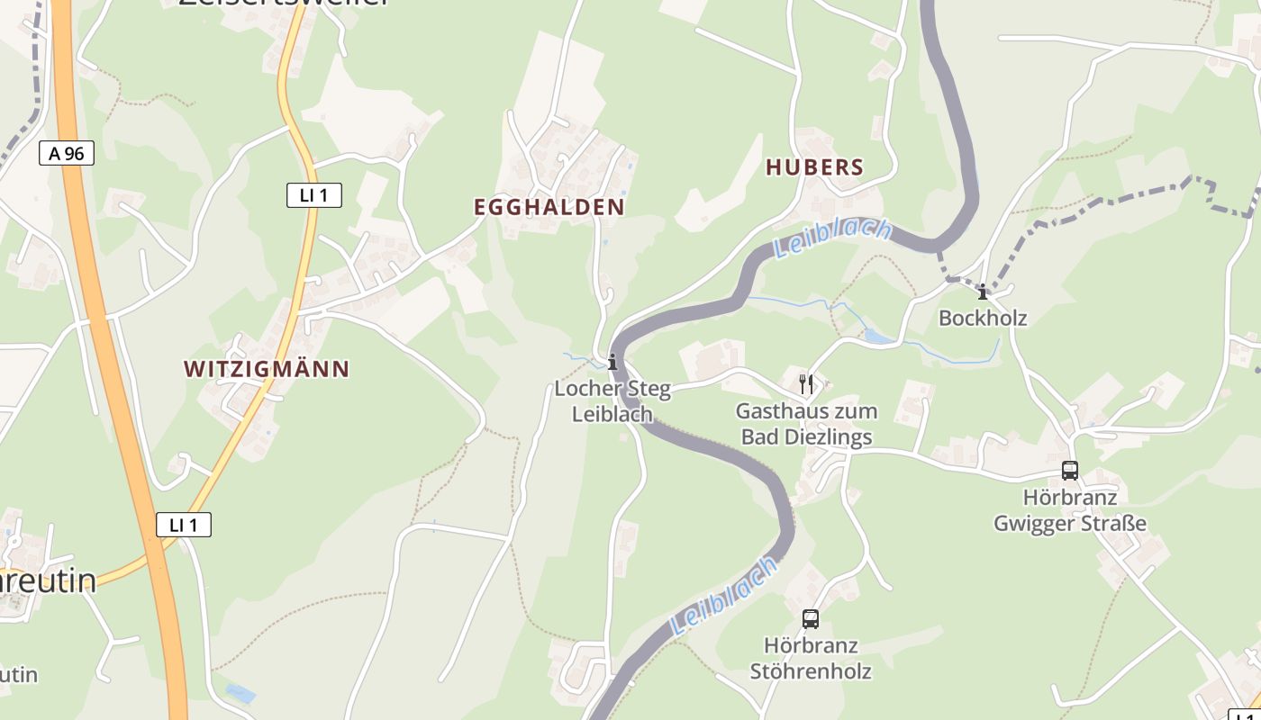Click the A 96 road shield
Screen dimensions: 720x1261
[x=67, y=153]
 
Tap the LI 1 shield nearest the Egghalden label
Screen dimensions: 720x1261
[x=314, y=194]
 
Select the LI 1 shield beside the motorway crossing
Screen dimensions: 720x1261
[x=184, y=525]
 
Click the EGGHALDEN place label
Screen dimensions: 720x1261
[x=549, y=207]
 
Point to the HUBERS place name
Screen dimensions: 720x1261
[x=814, y=167]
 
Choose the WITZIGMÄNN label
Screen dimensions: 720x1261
[x=267, y=369]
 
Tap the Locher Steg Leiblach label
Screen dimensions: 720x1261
[x=612, y=401]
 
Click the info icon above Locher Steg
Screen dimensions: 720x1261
[x=612, y=362]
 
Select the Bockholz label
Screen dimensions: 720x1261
[x=983, y=318]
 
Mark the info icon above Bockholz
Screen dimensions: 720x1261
[x=983, y=292]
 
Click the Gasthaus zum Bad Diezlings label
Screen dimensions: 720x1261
[x=806, y=424]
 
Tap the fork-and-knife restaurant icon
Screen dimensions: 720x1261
[x=806, y=384]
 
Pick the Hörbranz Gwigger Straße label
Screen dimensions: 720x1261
[x=1070, y=510]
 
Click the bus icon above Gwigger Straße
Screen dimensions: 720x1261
[x=1070, y=471]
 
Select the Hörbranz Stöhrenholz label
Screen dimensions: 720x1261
[x=811, y=658]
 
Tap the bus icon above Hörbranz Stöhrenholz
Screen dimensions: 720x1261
[x=811, y=619]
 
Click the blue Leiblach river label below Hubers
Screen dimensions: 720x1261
[x=832, y=238]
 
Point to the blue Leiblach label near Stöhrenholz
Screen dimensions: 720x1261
[x=724, y=596]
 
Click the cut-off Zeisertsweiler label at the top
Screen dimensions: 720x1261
[x=284, y=3]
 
